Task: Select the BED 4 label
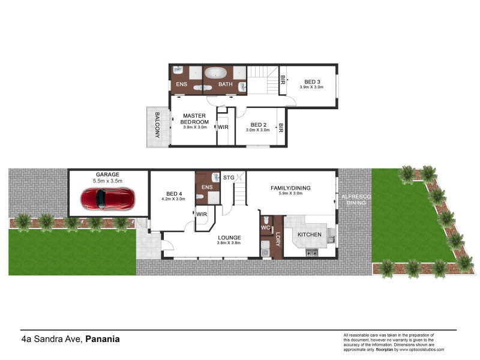click(173, 193)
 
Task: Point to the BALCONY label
click(158, 125)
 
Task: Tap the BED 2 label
click(257, 124)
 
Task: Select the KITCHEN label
click(310, 235)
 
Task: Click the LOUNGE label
click(229, 237)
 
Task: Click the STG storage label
click(229, 178)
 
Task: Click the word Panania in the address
click(103, 339)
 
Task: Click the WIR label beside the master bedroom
click(223, 127)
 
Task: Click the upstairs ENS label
click(181, 85)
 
